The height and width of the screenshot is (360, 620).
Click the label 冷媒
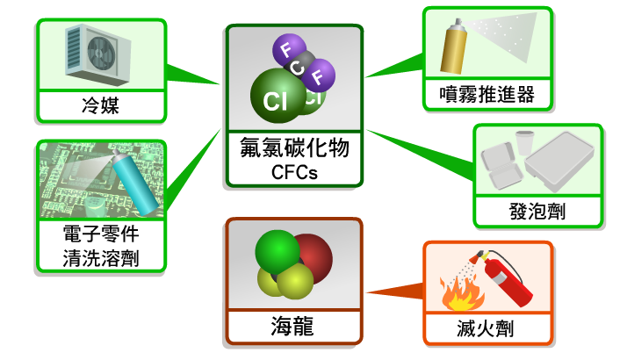tap(100, 106)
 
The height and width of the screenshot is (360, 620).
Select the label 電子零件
tap(101, 235)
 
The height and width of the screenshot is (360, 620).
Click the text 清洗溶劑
tap(101, 258)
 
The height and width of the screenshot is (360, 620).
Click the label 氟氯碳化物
tap(294, 148)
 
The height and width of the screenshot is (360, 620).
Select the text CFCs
tap(294, 172)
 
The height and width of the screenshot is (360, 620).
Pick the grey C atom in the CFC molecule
tap(300, 66)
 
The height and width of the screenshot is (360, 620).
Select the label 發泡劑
tap(537, 211)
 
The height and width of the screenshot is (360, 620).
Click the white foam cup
tap(524, 142)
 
